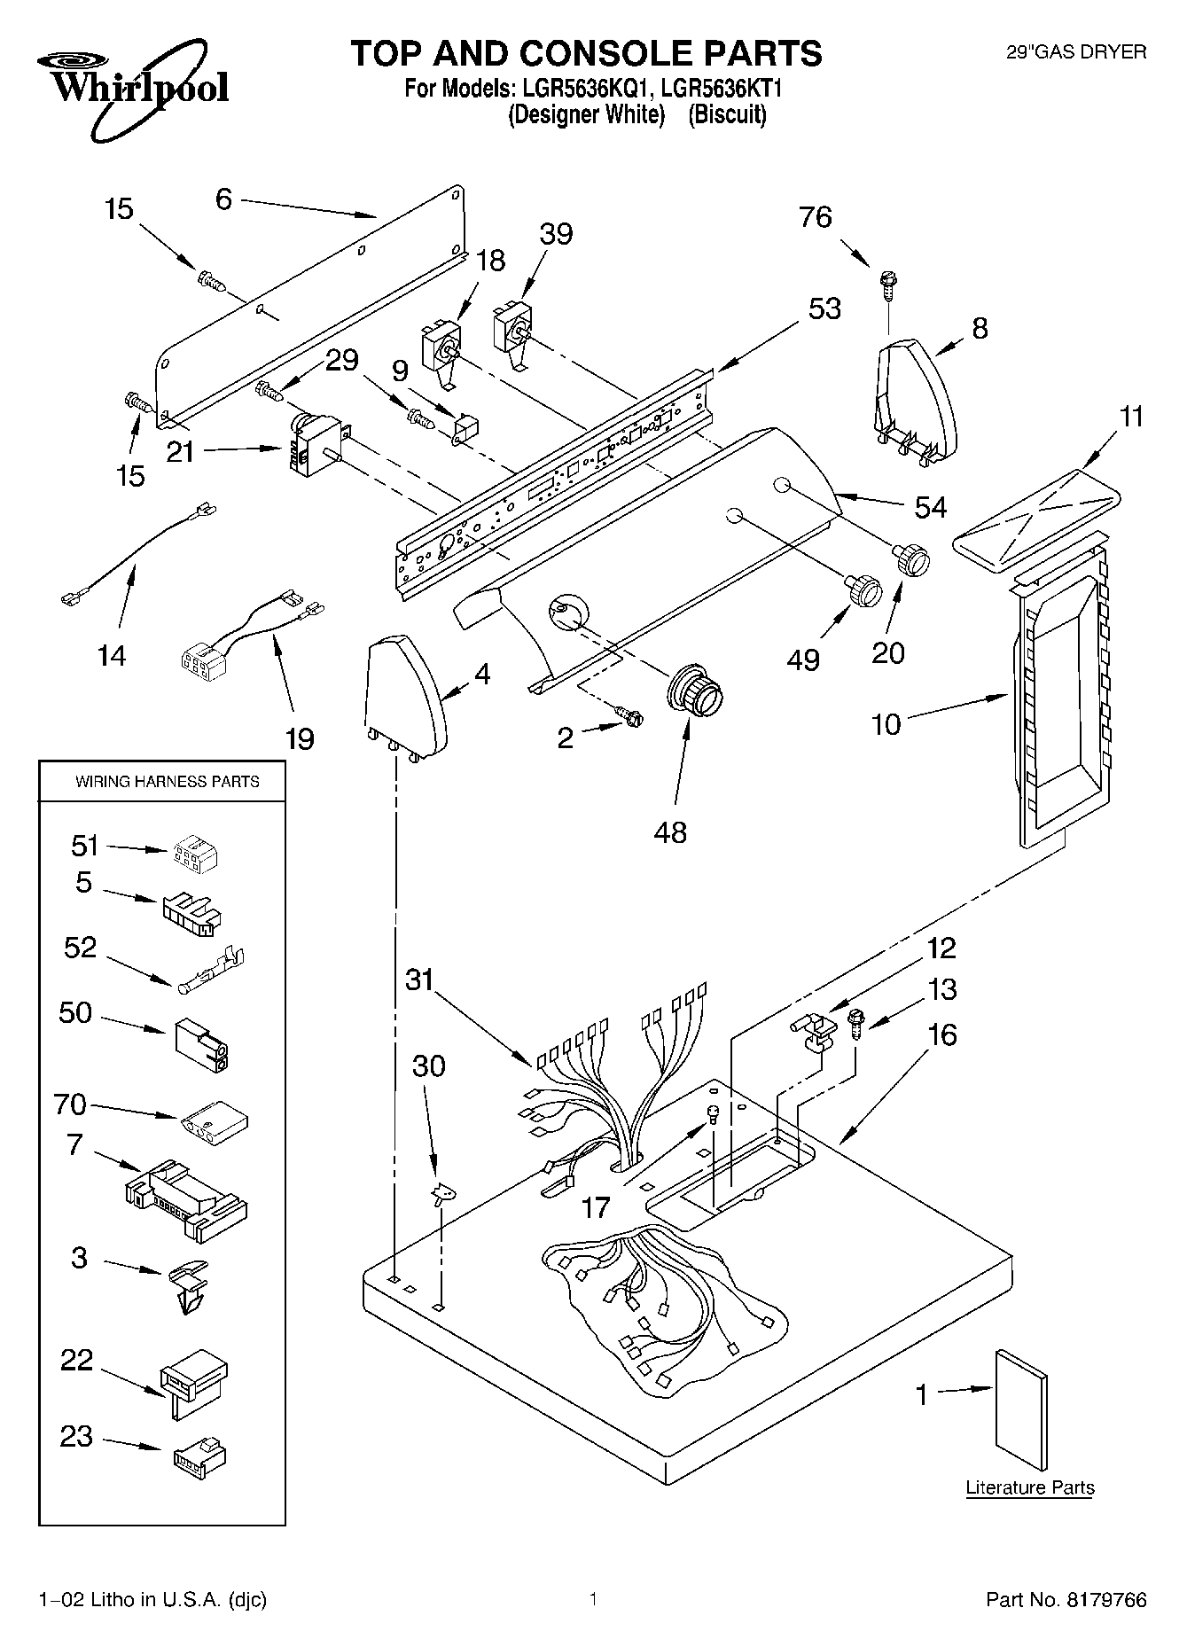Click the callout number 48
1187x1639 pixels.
pyautogui.click(x=670, y=832)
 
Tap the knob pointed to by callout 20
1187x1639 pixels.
pyautogui.click(x=911, y=559)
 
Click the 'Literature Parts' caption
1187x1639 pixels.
pyautogui.click(x=1030, y=1487)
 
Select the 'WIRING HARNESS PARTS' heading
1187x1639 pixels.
pyautogui.click(x=168, y=781)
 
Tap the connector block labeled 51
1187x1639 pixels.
pyautogui.click(x=193, y=853)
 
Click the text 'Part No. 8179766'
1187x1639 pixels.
pyautogui.click(x=1066, y=1600)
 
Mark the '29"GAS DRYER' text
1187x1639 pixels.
pyautogui.click(x=1075, y=52)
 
